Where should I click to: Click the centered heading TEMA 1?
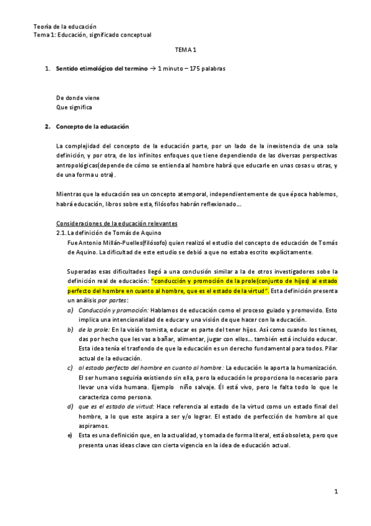click(x=185, y=54)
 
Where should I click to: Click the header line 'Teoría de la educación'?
click(x=65, y=26)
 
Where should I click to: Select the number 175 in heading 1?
click(x=192, y=68)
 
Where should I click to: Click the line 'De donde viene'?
click(x=77, y=98)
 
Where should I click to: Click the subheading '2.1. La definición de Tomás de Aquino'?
click(x=109, y=231)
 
